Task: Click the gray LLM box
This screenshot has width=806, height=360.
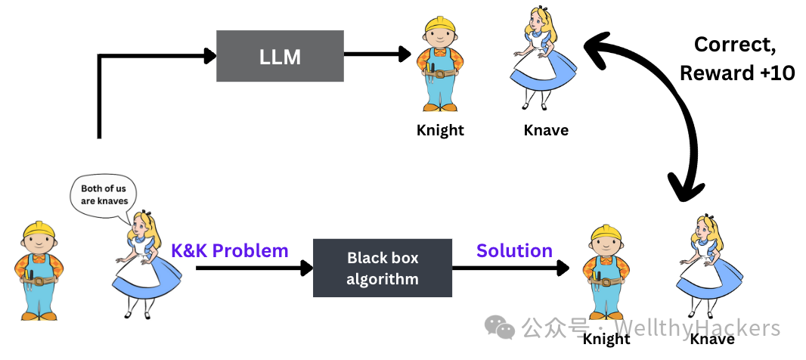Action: (280, 56)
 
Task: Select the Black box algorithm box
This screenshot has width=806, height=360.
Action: (382, 268)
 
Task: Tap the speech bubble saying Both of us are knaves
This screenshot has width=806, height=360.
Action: (104, 194)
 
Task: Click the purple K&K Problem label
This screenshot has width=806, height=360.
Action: (230, 250)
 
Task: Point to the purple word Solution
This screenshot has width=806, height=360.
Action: (514, 250)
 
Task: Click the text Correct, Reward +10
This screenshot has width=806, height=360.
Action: (736, 58)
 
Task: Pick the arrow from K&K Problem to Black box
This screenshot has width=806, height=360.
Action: (253, 267)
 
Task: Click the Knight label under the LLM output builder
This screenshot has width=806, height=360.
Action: (440, 130)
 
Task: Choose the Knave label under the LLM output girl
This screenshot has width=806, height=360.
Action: (546, 130)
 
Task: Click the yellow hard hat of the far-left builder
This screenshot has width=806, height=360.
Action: (37, 230)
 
